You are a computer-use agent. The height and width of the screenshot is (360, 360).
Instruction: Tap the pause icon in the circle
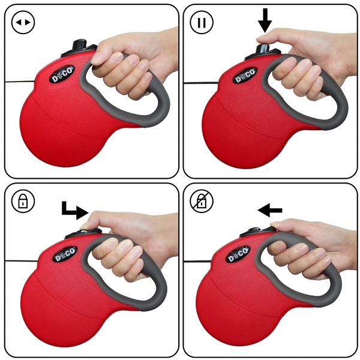click(202, 23)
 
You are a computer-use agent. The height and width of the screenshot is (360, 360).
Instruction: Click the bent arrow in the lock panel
click(75, 209)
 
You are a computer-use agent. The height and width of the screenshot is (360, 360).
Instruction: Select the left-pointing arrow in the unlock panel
click(269, 209)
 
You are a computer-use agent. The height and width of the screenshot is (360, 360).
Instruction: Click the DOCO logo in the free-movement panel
click(62, 78)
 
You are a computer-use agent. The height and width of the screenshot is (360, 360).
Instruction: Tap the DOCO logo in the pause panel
click(244, 77)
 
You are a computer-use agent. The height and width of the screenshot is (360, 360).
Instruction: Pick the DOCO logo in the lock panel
click(65, 255)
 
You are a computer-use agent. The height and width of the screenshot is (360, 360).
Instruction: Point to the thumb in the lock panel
click(96, 223)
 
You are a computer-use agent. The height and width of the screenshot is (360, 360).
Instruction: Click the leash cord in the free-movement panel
click(18, 82)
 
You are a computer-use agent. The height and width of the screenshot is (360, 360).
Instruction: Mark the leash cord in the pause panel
click(195, 81)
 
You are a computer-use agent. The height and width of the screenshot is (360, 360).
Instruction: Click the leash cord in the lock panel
click(15, 259)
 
